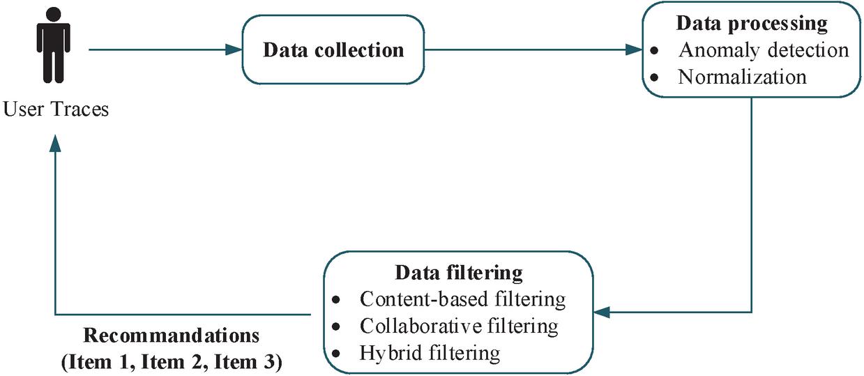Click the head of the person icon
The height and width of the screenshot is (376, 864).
point(53,14)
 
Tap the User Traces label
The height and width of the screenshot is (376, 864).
point(56,110)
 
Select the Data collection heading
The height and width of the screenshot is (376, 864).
point(333,50)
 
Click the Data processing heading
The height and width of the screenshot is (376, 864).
point(751,24)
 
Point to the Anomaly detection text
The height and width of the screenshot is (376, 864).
point(764,50)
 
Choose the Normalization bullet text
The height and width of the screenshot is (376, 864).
point(742,77)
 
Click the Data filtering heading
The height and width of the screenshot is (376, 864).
point(459,273)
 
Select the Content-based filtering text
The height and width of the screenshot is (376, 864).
point(463,299)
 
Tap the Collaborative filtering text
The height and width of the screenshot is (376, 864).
point(459,326)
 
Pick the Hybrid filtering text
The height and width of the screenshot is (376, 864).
point(430,353)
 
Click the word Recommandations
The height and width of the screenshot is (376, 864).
point(172,336)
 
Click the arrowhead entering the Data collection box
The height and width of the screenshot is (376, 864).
point(234,50)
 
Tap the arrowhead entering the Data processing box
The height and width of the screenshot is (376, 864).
point(634,50)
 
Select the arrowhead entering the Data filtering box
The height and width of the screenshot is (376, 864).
point(602,312)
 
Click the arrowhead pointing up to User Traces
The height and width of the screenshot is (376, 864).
point(56,143)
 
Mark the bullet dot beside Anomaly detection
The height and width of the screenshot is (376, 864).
point(654,50)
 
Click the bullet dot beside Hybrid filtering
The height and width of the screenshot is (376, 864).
point(336,354)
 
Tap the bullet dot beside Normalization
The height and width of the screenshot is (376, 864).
point(654,77)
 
